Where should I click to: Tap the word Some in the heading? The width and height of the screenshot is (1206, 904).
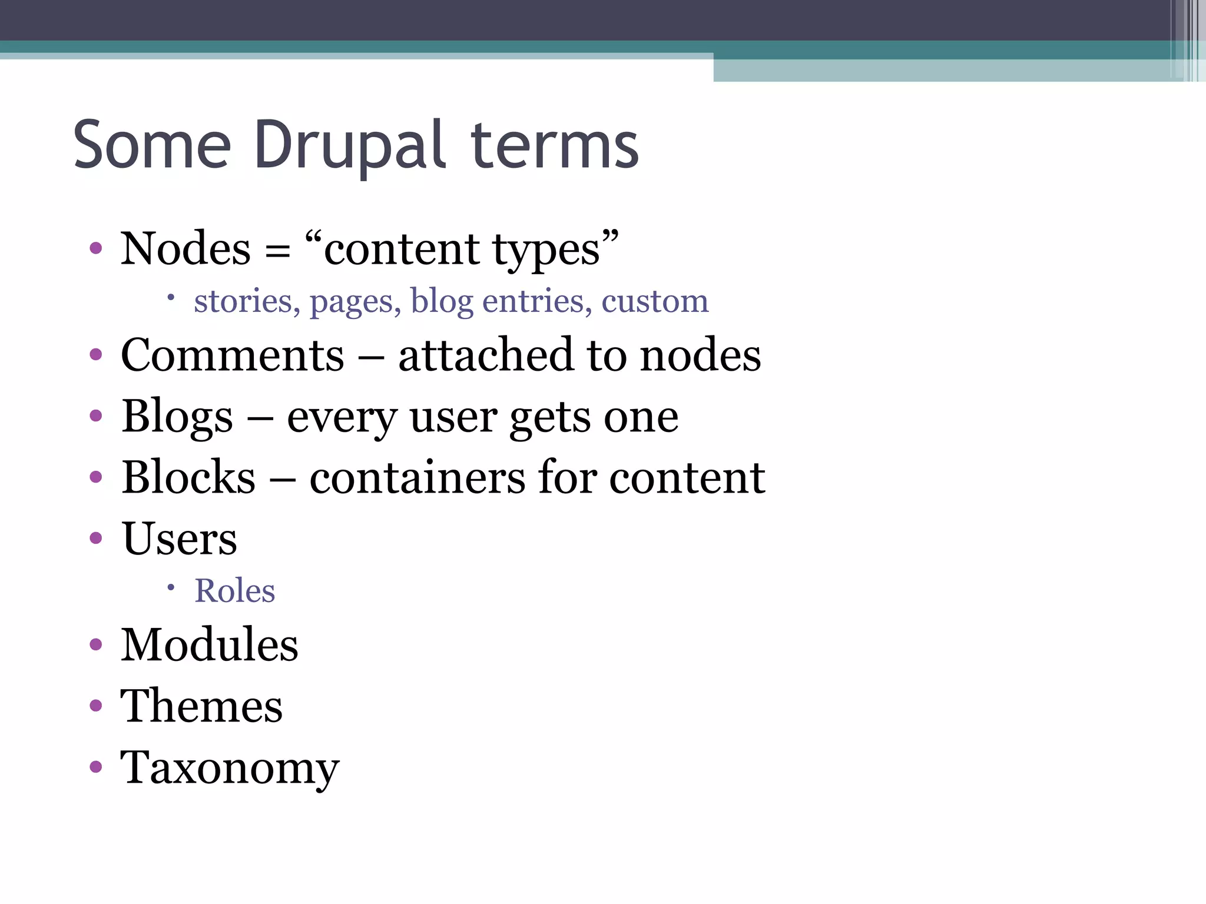click(x=152, y=145)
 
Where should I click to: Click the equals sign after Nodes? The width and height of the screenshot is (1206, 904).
click(x=277, y=251)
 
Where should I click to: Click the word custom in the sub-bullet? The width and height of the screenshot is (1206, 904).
click(x=655, y=301)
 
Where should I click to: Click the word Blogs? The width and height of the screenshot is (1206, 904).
click(x=177, y=417)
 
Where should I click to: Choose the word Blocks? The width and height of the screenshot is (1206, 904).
click(x=188, y=477)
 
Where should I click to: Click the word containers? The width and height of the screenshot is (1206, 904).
click(x=417, y=477)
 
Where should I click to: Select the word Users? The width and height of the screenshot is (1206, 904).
click(x=179, y=539)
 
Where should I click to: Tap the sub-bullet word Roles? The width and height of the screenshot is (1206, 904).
click(x=234, y=591)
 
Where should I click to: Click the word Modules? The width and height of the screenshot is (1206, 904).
click(x=209, y=645)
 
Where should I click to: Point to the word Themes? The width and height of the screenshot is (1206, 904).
click(x=201, y=706)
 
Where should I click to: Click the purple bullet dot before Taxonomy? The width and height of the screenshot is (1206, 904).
click(x=96, y=767)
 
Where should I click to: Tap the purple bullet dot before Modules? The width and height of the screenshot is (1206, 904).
click(x=96, y=644)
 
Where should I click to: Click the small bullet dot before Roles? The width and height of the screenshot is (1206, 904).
click(x=171, y=587)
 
